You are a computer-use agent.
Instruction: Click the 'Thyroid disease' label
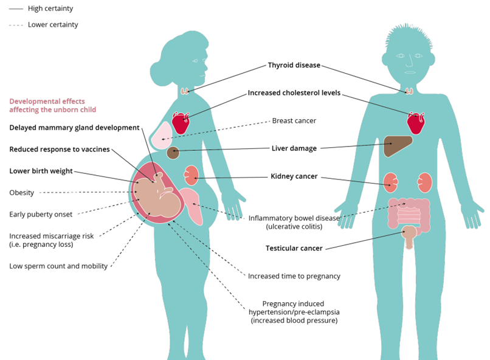(294, 65)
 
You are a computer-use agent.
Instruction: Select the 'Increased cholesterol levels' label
(294, 93)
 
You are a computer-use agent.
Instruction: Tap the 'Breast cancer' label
(294, 120)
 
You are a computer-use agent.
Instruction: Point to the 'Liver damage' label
(294, 148)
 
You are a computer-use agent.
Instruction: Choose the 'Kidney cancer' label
(294, 177)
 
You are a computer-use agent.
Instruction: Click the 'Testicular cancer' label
(294, 248)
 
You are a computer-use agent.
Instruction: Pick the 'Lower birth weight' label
(41, 171)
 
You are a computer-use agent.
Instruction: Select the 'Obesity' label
(21, 193)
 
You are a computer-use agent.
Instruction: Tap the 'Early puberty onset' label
(41, 214)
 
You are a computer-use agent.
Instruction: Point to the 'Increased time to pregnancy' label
(294, 276)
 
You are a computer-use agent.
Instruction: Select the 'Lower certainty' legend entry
(52, 25)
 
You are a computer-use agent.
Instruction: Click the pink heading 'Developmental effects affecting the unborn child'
(52, 105)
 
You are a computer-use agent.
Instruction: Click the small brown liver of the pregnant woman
(173, 153)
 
